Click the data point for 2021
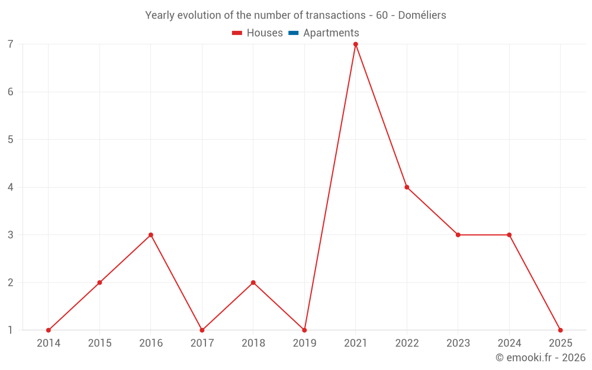point(356,44)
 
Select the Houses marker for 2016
point(151,235)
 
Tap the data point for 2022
point(407,187)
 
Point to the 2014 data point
point(49,330)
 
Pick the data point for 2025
point(560,330)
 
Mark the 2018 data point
point(253,282)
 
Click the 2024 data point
point(509,235)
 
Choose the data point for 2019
point(304,330)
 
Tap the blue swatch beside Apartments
point(294,33)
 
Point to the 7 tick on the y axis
point(11,44)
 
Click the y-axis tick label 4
point(11,187)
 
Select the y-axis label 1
point(11,330)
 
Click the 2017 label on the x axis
point(202,343)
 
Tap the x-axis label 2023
point(458,343)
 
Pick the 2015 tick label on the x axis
point(99,343)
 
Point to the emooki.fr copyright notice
point(540,358)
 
